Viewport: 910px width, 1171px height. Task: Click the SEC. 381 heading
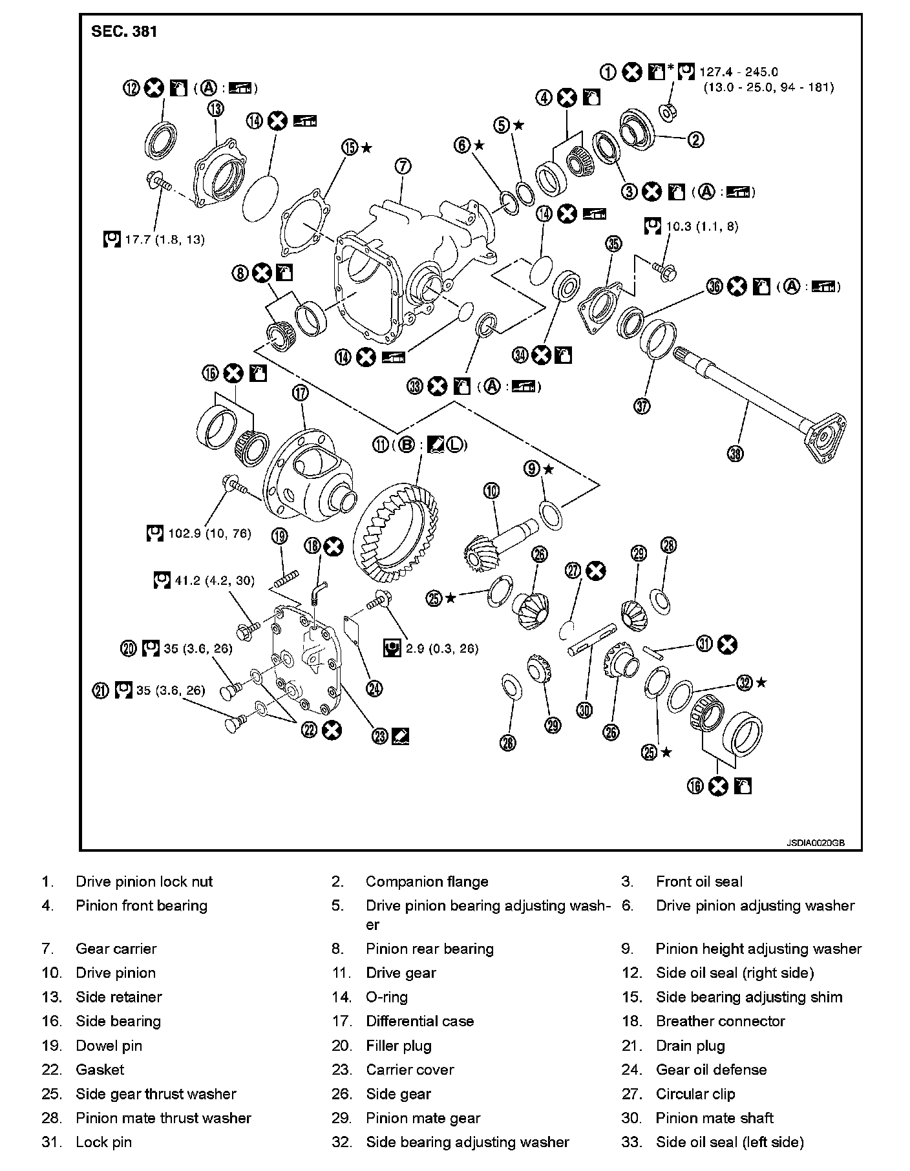pos(124,32)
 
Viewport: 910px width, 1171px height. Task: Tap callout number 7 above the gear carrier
pos(402,167)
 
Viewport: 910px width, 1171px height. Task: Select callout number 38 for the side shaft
pos(735,454)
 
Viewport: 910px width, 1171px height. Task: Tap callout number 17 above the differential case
pos(301,392)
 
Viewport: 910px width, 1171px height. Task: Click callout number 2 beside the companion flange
pos(695,139)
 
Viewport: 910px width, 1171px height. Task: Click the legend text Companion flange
pos(427,881)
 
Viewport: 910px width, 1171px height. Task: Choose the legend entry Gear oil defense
pos(711,1070)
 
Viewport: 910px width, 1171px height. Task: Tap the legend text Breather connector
pos(720,1021)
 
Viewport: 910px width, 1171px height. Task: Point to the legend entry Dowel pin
pos(109,1046)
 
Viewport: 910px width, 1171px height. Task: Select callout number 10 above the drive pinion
pos(492,491)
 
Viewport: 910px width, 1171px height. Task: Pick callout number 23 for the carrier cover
pos(379,735)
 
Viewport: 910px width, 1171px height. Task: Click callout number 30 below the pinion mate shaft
pos(584,710)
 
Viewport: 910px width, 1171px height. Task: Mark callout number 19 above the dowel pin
pos(279,536)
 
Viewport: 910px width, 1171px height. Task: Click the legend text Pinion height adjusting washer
pos(759,949)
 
